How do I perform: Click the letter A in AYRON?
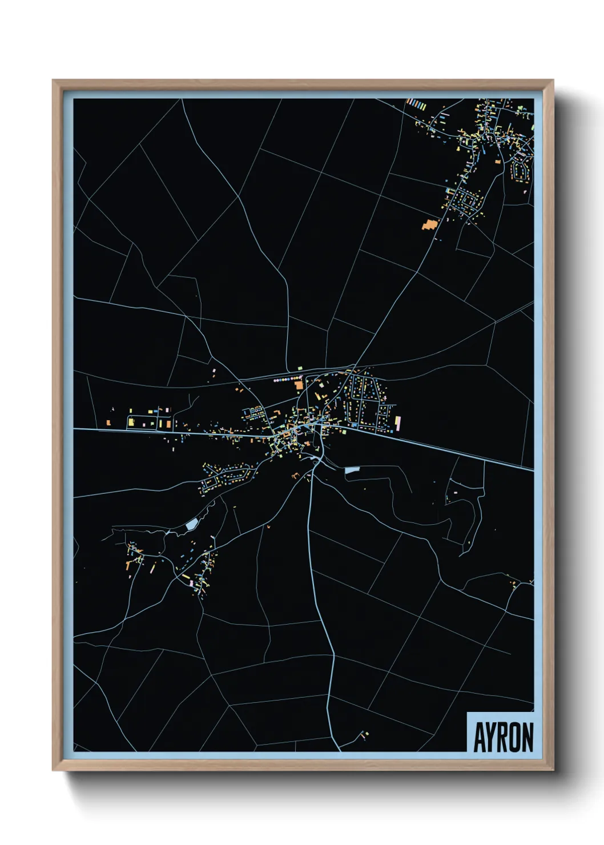coord(479,738)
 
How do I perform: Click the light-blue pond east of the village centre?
coord(352,470)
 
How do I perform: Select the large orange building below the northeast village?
coord(428,224)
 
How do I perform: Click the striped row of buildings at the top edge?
coord(416,104)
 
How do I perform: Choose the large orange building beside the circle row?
coord(299,385)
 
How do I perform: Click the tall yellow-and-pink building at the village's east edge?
coord(397,422)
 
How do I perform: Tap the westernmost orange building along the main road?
coord(108,423)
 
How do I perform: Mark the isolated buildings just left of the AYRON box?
coord(363,735)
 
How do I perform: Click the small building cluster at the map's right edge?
coord(514,584)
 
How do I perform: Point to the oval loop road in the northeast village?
coord(520,167)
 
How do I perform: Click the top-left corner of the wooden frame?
coord(54,81)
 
